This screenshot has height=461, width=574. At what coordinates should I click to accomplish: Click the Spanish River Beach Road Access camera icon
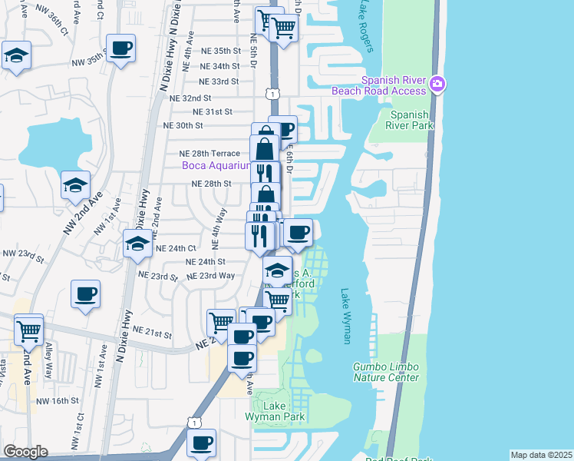(437, 84)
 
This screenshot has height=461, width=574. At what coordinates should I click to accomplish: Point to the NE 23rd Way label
(211, 276)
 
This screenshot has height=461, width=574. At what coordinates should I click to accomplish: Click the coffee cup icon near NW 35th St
(121, 48)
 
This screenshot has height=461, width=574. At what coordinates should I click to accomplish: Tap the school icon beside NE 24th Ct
(137, 244)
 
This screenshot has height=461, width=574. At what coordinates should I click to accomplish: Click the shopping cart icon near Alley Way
(29, 331)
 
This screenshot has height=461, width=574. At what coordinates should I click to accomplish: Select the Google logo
(25, 451)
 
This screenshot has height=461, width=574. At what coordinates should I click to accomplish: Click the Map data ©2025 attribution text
(541, 455)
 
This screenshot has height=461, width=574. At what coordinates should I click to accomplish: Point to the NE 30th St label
(183, 125)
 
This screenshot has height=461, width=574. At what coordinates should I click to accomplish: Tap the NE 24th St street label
(206, 261)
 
